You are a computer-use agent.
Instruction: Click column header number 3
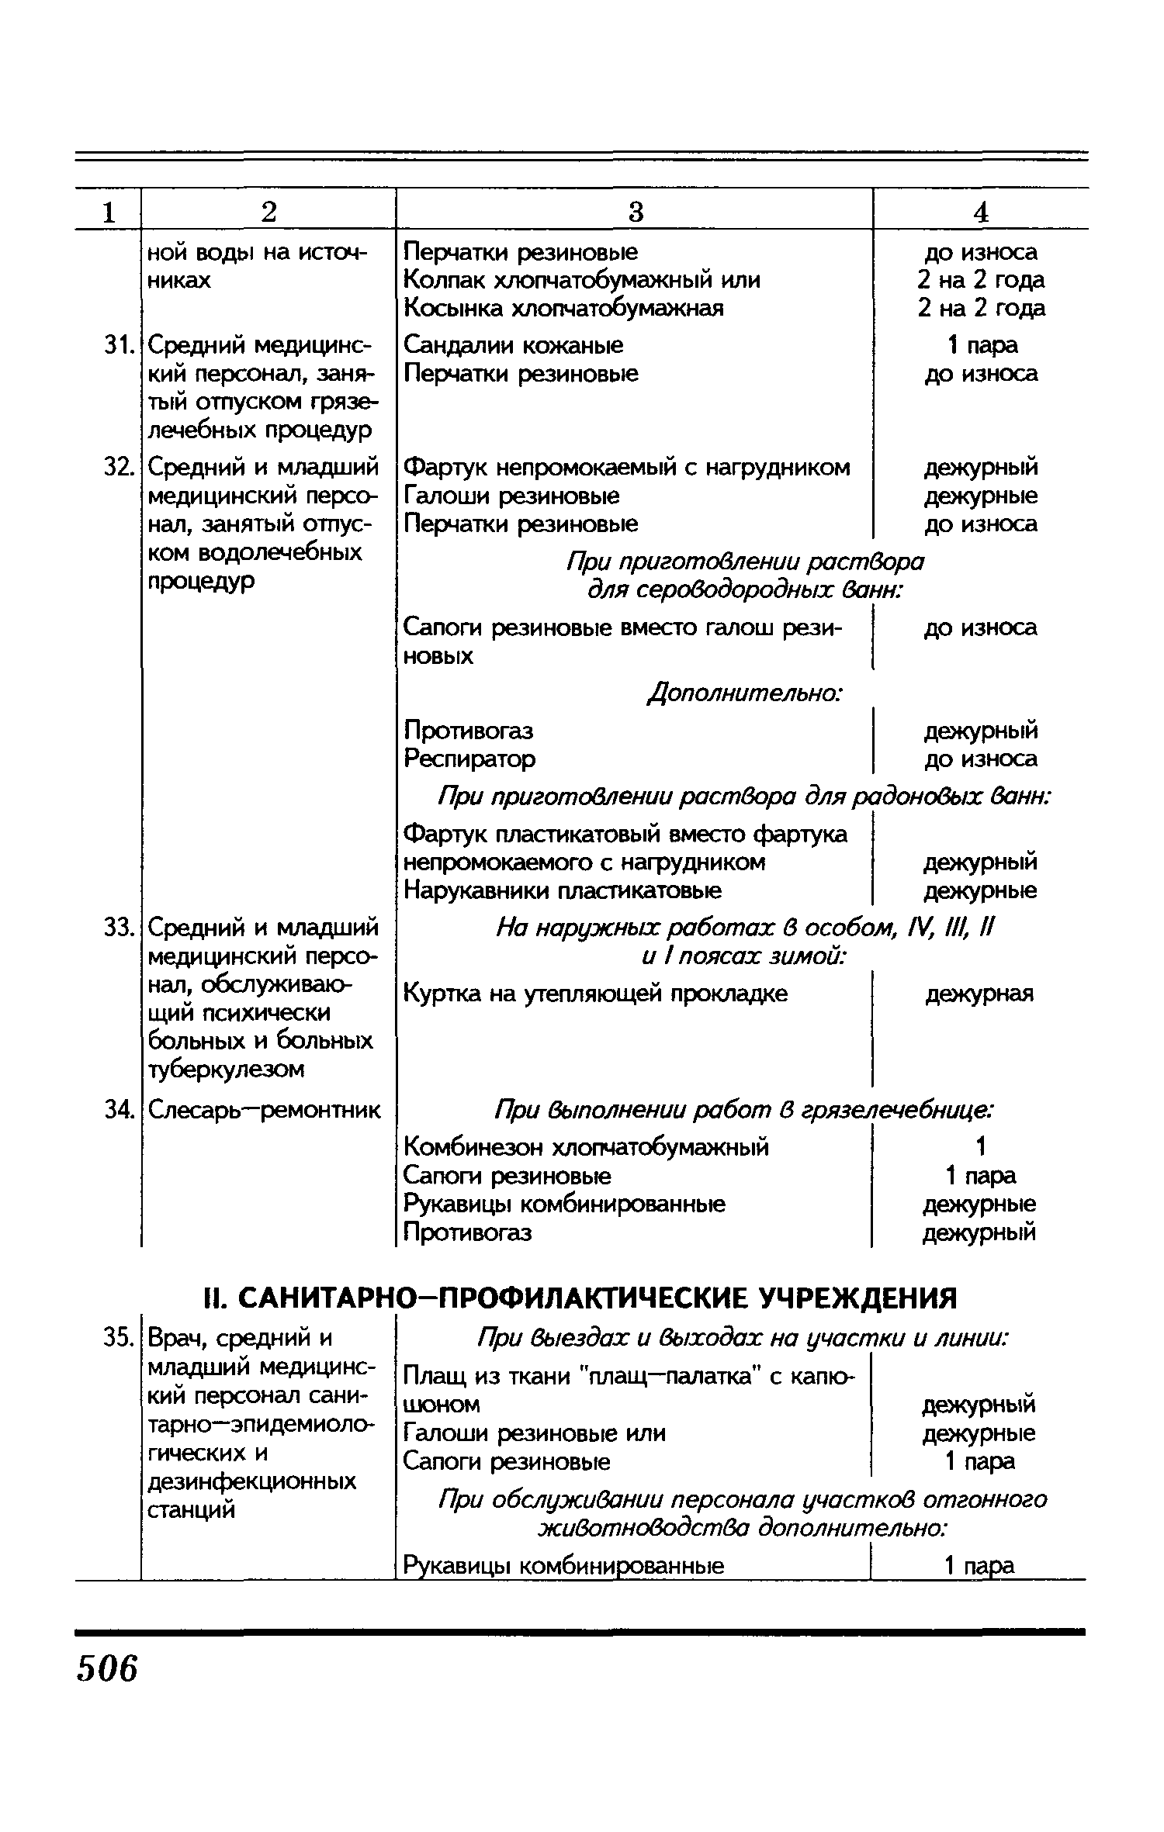(x=635, y=212)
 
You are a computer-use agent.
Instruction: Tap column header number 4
(x=981, y=212)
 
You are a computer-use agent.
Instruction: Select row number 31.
(x=119, y=345)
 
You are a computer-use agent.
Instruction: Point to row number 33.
(x=119, y=928)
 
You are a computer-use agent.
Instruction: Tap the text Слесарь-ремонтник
(x=265, y=1111)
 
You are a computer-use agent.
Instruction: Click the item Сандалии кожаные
(x=514, y=345)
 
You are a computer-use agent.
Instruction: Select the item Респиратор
(x=469, y=758)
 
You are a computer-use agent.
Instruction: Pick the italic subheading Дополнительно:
(x=745, y=693)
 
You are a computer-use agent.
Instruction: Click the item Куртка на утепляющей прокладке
(x=595, y=994)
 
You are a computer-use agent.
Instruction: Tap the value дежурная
(x=979, y=994)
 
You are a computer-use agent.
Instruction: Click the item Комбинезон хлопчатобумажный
(x=586, y=1146)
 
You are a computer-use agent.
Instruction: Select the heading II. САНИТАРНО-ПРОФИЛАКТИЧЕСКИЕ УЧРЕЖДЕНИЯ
(x=580, y=1297)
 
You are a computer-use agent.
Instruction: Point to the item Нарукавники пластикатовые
(x=563, y=890)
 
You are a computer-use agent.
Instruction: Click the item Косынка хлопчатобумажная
(x=564, y=309)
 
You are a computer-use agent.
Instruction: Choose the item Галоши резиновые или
(x=535, y=1433)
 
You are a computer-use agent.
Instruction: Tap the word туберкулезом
(x=226, y=1070)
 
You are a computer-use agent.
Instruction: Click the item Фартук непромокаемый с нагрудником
(x=627, y=468)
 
